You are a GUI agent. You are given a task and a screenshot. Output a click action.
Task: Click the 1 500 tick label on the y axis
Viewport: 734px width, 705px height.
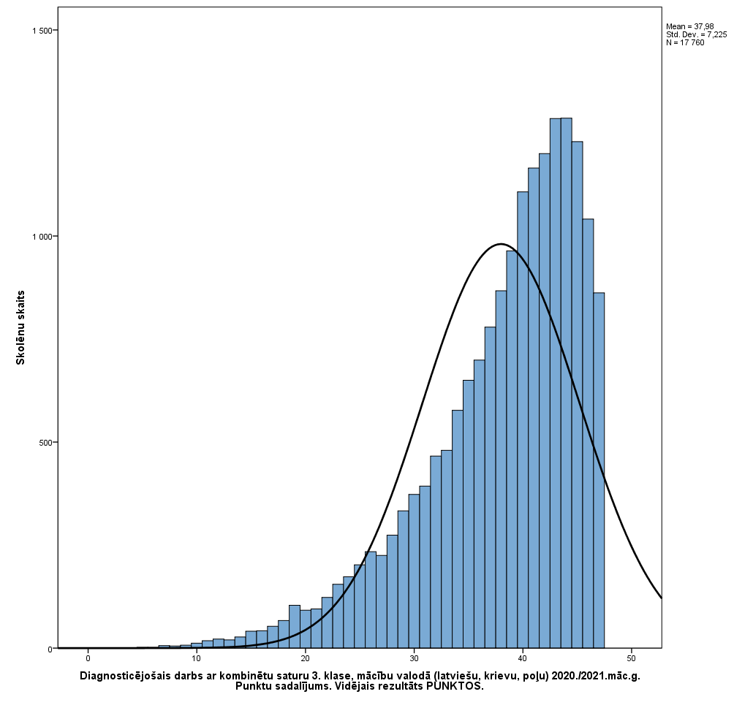(x=42, y=30)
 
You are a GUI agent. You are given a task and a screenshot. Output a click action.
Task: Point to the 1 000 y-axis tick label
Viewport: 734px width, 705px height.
(x=42, y=237)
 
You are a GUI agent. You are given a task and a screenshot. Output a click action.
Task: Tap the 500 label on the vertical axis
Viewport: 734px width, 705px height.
(x=45, y=443)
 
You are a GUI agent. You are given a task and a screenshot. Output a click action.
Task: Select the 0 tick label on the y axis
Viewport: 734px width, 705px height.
(x=50, y=649)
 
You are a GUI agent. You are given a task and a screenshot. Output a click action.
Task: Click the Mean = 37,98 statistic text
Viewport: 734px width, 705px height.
(x=690, y=26)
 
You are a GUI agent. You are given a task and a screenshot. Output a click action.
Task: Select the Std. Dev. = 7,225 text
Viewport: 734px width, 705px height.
(x=696, y=34)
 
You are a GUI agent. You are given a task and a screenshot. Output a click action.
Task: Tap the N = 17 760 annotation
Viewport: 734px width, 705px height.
(x=685, y=42)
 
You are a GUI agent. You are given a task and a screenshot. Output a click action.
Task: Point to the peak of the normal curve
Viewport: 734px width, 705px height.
(x=501, y=244)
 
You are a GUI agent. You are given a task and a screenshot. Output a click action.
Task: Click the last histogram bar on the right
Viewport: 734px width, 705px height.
(x=599, y=470)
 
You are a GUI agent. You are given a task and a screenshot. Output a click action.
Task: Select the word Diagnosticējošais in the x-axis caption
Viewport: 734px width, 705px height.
(x=124, y=676)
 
